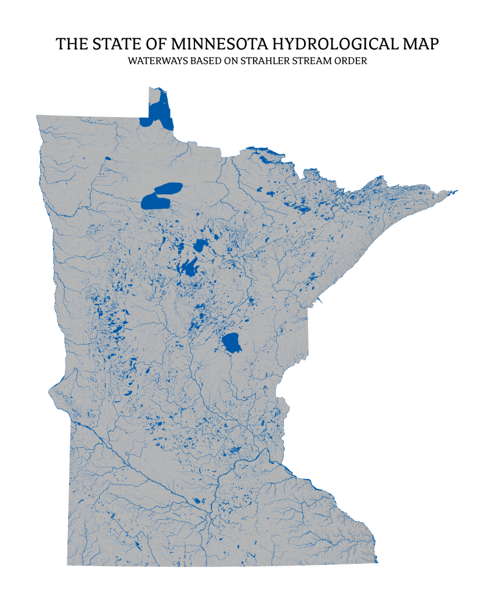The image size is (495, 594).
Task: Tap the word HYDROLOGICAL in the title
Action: tap(337, 44)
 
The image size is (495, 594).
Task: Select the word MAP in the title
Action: tap(419, 44)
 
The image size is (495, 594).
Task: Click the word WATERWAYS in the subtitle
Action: tap(153, 60)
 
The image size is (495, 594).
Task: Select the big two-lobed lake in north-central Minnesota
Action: tap(160, 195)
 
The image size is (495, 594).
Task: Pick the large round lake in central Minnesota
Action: tap(232, 343)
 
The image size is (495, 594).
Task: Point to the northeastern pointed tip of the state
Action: tap(457, 190)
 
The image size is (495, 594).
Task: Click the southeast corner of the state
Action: tap(377, 561)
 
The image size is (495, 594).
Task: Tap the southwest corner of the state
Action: tap(68, 564)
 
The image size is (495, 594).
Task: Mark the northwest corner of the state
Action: tap(37, 115)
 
